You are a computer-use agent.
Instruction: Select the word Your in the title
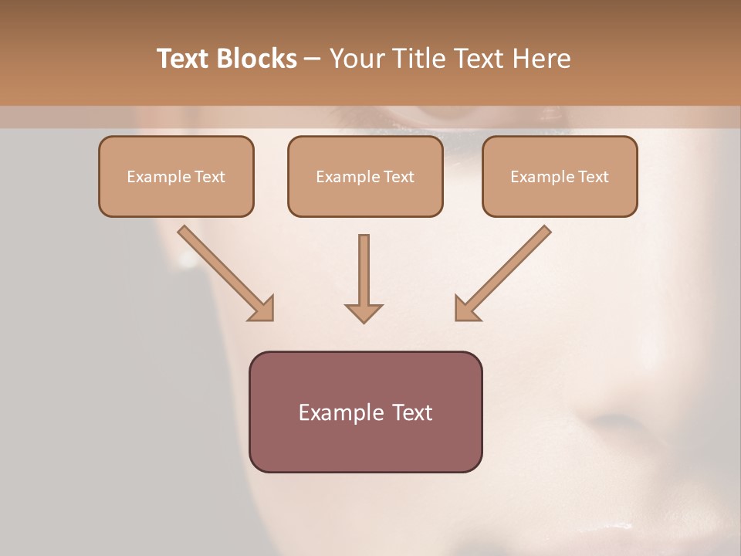click(x=355, y=59)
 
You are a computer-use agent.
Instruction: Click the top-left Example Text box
click(x=176, y=176)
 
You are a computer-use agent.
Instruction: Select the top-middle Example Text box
click(x=365, y=176)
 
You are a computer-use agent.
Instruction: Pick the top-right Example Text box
click(x=560, y=176)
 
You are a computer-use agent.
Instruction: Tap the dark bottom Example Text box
click(x=365, y=412)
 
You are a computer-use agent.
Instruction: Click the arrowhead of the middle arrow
click(x=364, y=312)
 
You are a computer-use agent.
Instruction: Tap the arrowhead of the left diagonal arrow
click(x=262, y=308)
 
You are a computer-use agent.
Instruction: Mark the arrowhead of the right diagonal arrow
click(x=466, y=308)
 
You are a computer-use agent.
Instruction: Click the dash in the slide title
click(x=313, y=59)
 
